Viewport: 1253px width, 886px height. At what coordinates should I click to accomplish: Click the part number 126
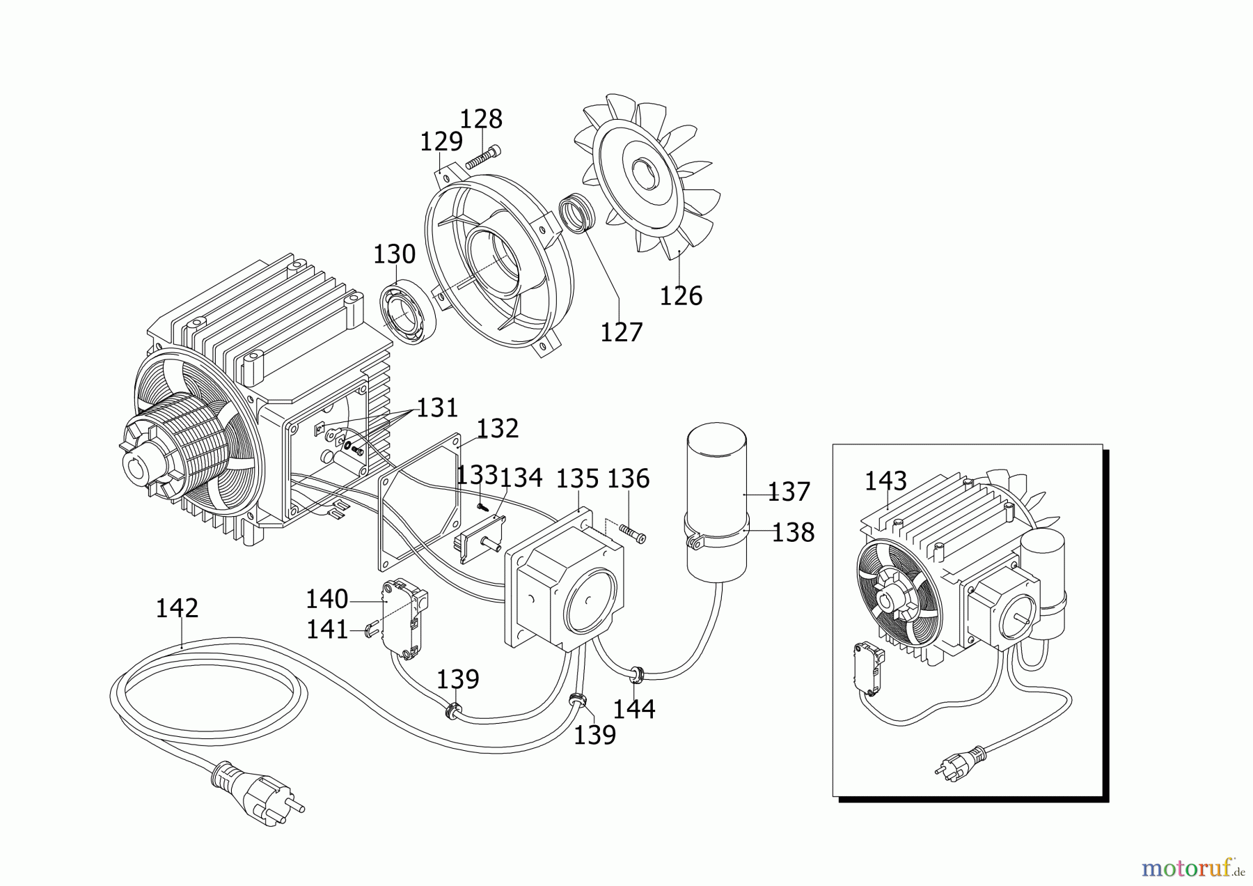click(x=681, y=295)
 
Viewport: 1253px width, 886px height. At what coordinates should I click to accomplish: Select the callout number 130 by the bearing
click(x=394, y=254)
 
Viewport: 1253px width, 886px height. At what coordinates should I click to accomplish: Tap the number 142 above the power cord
click(x=177, y=608)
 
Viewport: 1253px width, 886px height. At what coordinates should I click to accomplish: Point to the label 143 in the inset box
click(x=885, y=481)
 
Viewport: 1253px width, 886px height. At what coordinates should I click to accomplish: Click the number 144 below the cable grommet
click(x=634, y=709)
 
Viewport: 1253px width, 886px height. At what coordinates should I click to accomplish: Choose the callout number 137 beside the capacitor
click(x=789, y=492)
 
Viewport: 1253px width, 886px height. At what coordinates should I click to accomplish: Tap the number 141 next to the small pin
click(x=327, y=630)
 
